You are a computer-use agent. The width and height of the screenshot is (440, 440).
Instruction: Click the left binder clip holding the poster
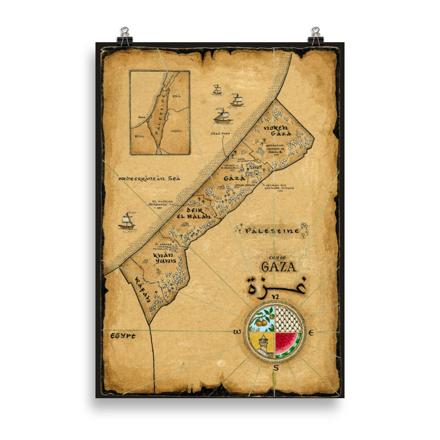click(125, 37)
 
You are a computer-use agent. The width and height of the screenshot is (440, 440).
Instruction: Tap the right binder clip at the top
click(315, 37)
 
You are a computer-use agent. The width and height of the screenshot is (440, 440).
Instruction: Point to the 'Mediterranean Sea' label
click(150, 179)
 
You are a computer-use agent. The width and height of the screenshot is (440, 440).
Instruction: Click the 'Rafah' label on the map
click(143, 290)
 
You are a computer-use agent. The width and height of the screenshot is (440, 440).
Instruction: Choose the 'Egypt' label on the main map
click(123, 336)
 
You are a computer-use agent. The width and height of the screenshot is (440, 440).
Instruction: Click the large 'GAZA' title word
click(279, 267)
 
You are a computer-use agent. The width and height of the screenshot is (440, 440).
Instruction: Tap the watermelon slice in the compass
click(288, 344)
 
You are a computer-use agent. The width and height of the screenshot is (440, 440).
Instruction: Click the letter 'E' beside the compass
click(311, 333)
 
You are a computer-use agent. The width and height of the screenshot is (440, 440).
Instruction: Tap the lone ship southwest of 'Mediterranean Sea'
click(127, 221)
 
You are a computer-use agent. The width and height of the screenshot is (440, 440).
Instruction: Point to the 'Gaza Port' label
click(220, 132)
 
